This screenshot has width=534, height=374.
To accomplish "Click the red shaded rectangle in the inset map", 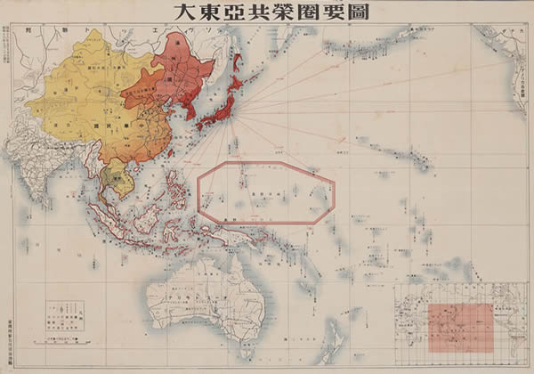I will (x=460, y=326).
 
